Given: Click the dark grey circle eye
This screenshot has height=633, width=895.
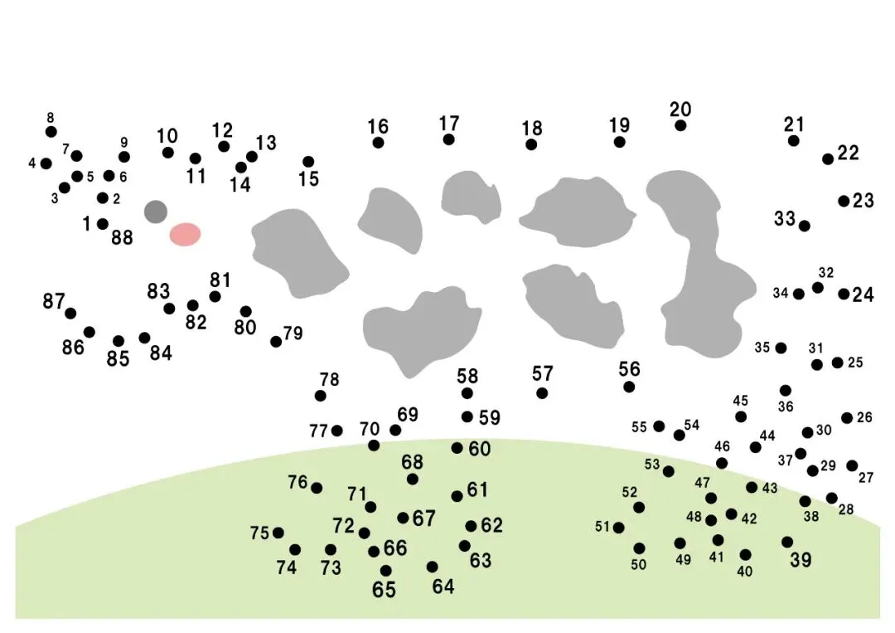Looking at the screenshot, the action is point(156,212).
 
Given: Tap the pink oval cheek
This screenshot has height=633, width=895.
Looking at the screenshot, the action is point(185,234).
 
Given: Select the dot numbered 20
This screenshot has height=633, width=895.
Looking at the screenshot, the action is point(680,125).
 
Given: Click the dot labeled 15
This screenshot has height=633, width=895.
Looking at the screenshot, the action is point(308,162).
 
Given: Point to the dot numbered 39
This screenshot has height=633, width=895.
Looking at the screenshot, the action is point(787,542).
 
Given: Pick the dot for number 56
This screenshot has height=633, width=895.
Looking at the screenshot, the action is point(629,387).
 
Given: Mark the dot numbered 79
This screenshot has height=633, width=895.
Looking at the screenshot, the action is point(276,341).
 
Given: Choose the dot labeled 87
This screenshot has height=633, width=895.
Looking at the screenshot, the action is point(70,313).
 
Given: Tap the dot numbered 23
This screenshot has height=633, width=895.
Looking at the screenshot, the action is point(844,201).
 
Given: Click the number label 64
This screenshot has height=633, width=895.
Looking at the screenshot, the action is point(443,587).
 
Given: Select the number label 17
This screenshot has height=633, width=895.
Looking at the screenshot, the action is point(449,124).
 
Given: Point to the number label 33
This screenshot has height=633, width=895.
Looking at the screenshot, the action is point(785,219).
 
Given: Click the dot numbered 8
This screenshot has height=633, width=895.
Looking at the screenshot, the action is point(51,131).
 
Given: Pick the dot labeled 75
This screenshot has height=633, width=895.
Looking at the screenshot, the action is point(278,533).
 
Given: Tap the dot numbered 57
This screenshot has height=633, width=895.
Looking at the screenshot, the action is point(542,393).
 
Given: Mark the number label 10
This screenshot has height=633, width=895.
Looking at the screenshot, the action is point(167,136).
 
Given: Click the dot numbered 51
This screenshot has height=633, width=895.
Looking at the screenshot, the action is point(618,528).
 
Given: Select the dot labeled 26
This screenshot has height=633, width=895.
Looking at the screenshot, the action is point(847,418).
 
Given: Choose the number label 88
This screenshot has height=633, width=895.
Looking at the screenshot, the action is point(122,238).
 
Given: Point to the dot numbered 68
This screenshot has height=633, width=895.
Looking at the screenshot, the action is point(413,479).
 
